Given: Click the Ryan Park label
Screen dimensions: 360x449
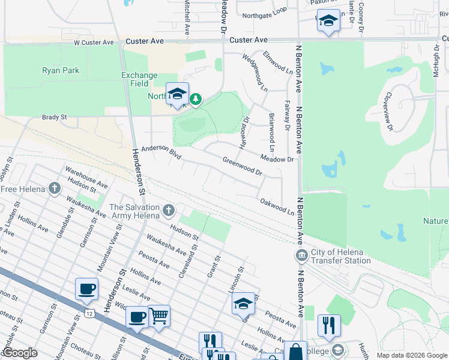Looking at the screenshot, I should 61,70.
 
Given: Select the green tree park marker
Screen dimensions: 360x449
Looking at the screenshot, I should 195,98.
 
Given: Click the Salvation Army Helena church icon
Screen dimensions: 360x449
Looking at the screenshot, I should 169,210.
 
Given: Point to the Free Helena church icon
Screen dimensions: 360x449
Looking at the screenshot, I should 55,189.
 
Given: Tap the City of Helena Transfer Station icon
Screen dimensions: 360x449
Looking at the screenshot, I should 301,256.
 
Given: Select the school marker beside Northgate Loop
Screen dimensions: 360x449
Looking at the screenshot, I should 328,22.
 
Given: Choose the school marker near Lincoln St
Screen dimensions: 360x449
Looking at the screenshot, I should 243,305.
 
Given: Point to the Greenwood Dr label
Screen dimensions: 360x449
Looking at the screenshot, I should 243,166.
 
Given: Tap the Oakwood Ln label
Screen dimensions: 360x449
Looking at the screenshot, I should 277,207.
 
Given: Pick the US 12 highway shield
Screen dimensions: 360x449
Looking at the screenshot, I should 89,313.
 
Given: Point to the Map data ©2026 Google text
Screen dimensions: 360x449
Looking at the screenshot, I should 411,355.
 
